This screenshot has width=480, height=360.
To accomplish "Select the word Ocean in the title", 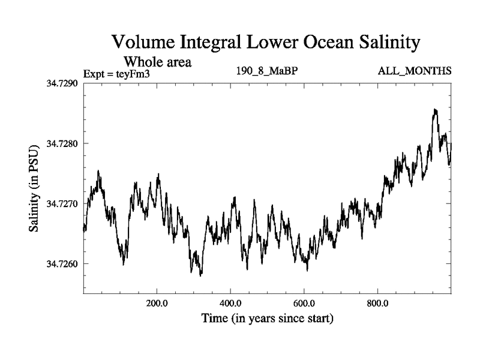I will click(314, 43).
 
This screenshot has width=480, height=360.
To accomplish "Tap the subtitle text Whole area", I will click(157, 61).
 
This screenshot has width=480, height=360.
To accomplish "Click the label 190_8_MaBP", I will click(268, 71).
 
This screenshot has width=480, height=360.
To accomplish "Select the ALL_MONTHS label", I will click(415, 71).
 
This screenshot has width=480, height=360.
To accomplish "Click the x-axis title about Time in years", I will click(267, 318).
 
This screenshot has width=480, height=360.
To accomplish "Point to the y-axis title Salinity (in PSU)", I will click(34, 188).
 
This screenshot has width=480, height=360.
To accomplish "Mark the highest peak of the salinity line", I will click(435, 110).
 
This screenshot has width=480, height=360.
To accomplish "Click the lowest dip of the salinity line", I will click(200, 275).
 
